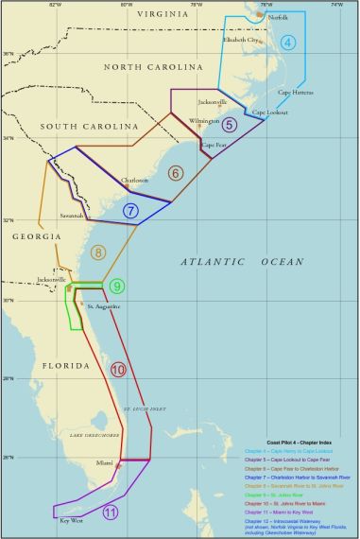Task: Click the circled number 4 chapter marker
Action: tap(287, 42)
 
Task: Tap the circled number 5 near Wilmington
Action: tap(229, 124)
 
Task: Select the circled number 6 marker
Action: tap(175, 173)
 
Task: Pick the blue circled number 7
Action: tap(131, 211)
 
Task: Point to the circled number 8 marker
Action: tap(98, 252)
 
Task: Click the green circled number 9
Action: tap(116, 286)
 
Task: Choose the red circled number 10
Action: tap(117, 370)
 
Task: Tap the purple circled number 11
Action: tap(110, 513)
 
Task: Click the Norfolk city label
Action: tap(278, 18)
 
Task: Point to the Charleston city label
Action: tap(134, 181)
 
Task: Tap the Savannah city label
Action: tap(74, 216)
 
